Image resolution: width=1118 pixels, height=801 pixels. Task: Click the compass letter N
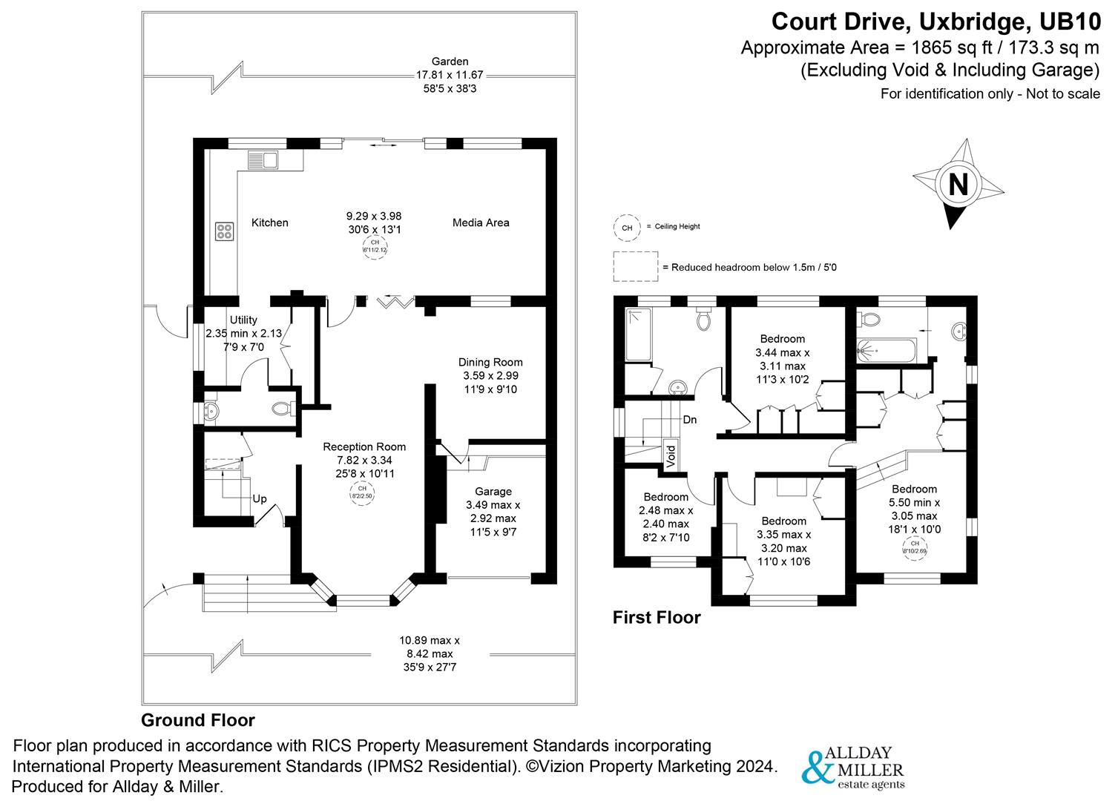(958, 183)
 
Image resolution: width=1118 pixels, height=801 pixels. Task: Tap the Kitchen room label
(269, 222)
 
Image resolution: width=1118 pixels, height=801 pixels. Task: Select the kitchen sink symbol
(261, 159)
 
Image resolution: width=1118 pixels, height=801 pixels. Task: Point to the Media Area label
(481, 222)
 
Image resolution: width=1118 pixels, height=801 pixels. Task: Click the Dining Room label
(490, 363)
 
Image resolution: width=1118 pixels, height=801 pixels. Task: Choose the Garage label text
(493, 492)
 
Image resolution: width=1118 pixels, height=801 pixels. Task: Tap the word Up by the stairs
(260, 499)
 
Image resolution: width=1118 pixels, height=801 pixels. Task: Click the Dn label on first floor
(690, 420)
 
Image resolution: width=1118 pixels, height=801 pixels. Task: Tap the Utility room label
(243, 320)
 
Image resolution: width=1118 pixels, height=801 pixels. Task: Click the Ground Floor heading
(198, 720)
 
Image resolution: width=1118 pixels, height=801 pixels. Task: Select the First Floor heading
(657, 617)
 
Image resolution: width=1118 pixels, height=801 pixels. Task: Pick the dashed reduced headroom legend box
(635, 266)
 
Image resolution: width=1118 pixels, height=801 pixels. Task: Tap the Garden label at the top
(450, 62)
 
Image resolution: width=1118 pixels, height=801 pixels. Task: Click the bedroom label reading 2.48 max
(665, 497)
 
